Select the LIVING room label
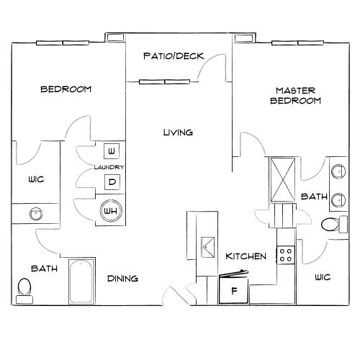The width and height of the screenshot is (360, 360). coord(177,132)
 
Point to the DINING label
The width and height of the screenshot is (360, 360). coord(123,279)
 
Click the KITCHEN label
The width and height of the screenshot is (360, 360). coord(246,256)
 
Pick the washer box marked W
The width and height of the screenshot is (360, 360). coord(111,151)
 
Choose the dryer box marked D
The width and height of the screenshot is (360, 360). coord(111,182)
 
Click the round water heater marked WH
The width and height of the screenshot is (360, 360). coord(111,211)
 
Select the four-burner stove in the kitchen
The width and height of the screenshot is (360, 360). coord(286,253)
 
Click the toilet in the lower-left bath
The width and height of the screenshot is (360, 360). coord(24,290)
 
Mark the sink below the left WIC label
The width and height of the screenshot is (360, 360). coord(33,214)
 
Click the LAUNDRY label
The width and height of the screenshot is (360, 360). coord(109,167)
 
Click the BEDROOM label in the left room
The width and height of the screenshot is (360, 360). coord(66,89)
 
